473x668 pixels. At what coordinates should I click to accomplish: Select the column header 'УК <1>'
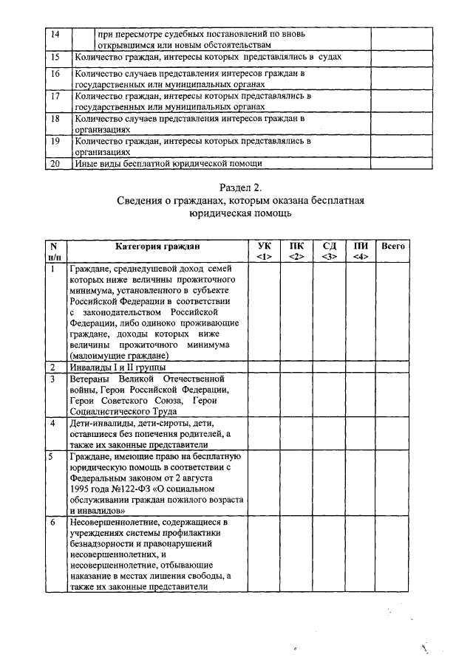click(x=264, y=251)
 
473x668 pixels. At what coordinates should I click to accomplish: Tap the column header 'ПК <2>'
click(x=296, y=251)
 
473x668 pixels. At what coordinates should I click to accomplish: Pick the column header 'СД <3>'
click(x=329, y=251)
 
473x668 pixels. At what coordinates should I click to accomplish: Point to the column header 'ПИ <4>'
click(x=361, y=251)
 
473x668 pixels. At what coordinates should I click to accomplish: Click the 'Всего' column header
click(x=392, y=246)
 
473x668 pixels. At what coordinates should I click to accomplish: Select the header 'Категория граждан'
click(x=157, y=246)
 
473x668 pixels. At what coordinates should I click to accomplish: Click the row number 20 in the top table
click(x=54, y=164)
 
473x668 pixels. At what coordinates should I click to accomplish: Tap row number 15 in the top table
click(x=54, y=57)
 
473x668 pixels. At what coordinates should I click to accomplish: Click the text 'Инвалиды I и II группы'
click(x=118, y=367)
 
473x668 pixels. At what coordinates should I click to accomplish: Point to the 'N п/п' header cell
click(x=54, y=251)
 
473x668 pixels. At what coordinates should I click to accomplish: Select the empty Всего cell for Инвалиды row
click(x=392, y=367)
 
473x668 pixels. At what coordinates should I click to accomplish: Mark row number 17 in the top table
click(x=54, y=97)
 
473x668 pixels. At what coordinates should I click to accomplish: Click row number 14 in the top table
click(x=54, y=35)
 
